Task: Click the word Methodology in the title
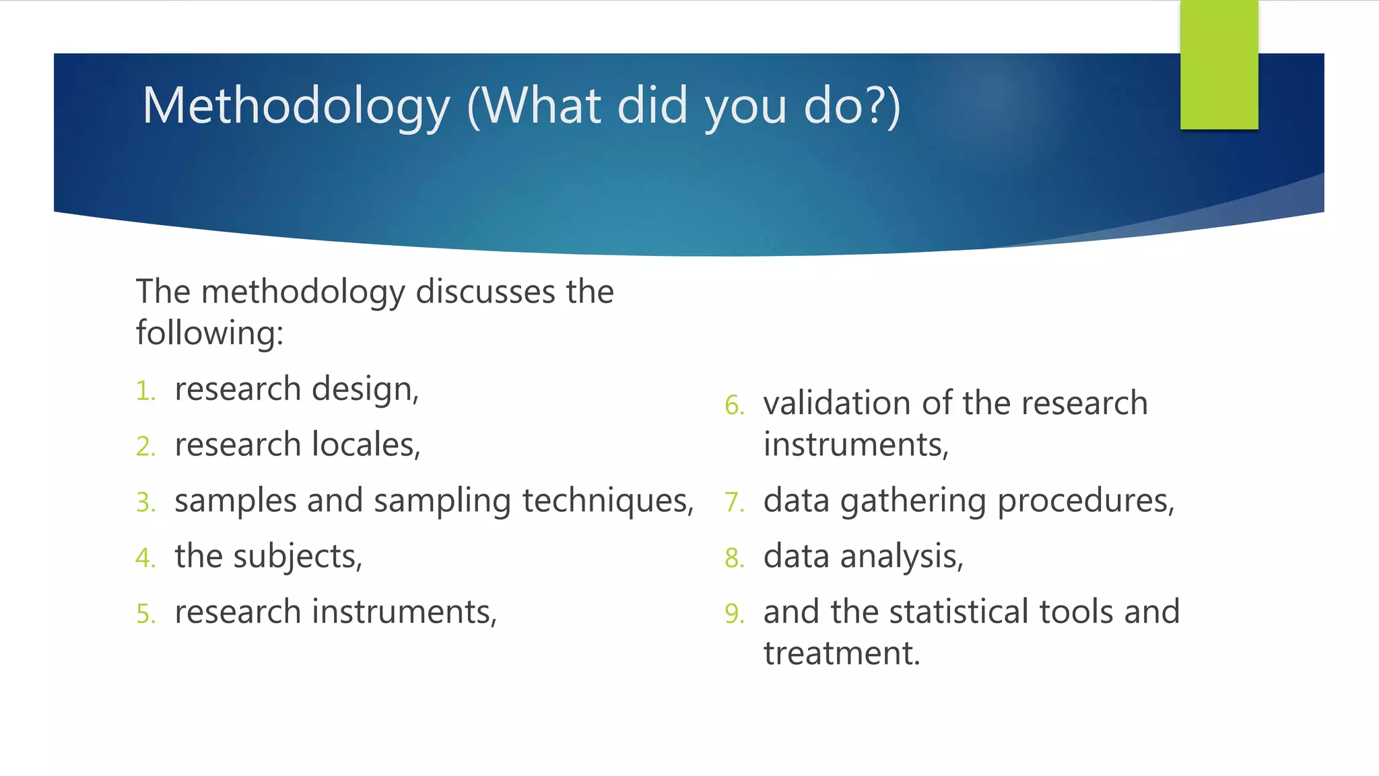pos(296,106)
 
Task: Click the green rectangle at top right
pos(1219,65)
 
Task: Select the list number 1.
pos(145,391)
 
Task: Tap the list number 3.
pos(145,503)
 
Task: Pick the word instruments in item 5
pos(404,612)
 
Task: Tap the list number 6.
pos(734,406)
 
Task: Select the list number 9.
pos(734,614)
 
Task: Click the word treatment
pos(841,653)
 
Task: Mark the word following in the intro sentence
pos(209,333)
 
